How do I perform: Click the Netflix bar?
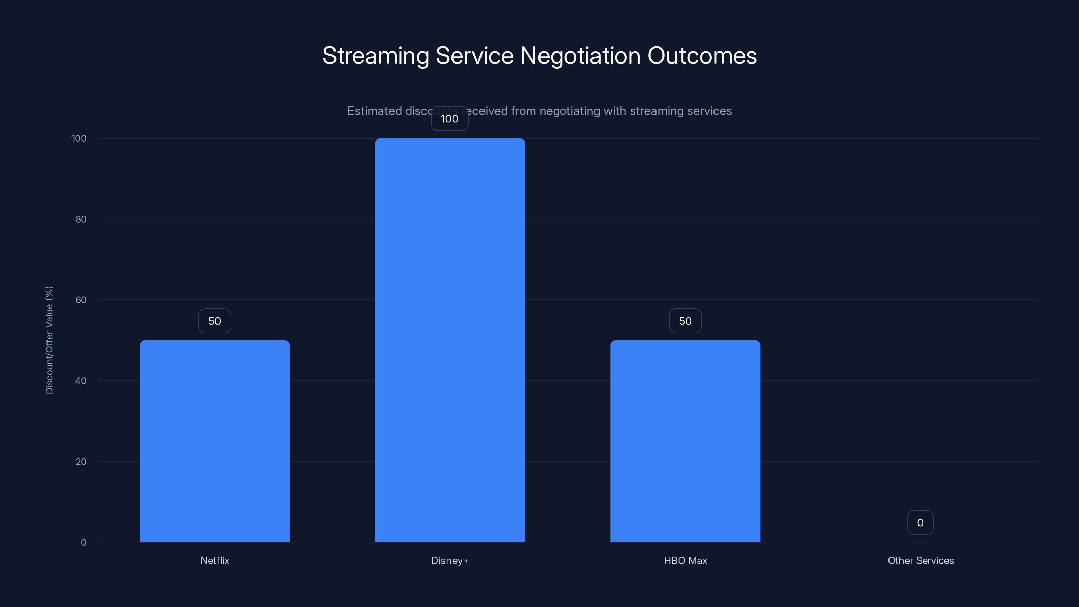(x=214, y=441)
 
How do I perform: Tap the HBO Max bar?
(x=685, y=441)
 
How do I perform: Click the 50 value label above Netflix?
(x=214, y=321)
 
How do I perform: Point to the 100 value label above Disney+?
(x=449, y=119)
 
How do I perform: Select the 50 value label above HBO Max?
(x=685, y=321)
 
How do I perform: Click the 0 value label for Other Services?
(x=920, y=522)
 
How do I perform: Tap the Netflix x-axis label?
(x=214, y=560)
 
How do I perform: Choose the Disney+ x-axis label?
(x=449, y=560)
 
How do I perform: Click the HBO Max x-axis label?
(x=685, y=560)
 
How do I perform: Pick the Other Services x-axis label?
(x=920, y=560)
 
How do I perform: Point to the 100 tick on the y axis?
(x=79, y=138)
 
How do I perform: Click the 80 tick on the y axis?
(x=81, y=219)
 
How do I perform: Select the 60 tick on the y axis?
(x=81, y=300)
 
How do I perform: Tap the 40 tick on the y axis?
(x=81, y=381)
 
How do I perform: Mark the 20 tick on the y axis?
(x=81, y=462)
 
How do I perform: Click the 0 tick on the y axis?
(x=83, y=543)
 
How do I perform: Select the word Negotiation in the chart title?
(x=580, y=56)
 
